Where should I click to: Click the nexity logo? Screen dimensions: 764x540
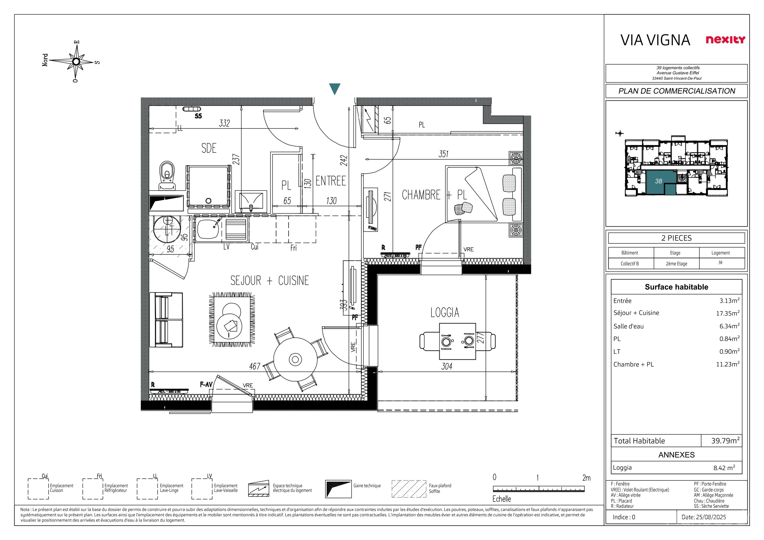(725, 40)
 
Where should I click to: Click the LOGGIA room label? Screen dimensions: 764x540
(445, 312)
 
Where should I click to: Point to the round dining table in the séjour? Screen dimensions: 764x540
(295, 359)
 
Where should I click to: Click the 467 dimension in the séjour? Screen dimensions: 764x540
(255, 366)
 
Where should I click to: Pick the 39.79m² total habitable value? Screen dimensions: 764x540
(725, 440)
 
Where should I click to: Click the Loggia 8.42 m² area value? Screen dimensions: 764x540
(724, 468)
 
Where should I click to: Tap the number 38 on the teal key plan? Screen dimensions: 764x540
(659, 181)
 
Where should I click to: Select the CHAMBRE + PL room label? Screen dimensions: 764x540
(434, 195)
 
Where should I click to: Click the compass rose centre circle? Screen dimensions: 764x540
(76, 61)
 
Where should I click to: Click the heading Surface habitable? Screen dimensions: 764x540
(676, 287)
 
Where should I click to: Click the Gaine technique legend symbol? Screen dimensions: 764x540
(338, 489)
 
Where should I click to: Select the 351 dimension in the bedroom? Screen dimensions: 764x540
(443, 154)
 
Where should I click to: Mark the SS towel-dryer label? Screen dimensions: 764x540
(198, 116)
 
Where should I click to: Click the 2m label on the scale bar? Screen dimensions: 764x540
(586, 478)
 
